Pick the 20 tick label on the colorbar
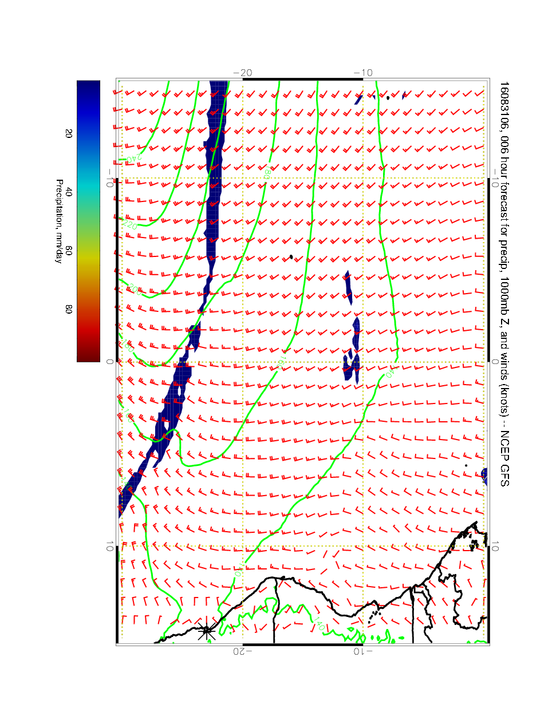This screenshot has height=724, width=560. click(x=69, y=133)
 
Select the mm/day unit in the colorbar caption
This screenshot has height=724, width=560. click(x=59, y=247)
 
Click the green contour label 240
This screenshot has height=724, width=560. click(x=131, y=156)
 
